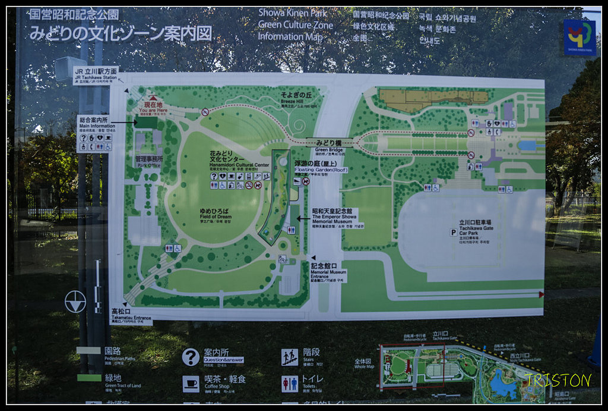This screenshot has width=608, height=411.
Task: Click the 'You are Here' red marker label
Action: pyautogui.click(x=153, y=106)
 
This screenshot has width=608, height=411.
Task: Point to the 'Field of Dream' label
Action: pyautogui.click(x=216, y=214)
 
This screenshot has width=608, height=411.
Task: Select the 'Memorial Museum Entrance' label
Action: pyautogui.click(x=328, y=274)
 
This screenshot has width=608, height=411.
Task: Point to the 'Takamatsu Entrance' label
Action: pyautogui.click(x=131, y=315)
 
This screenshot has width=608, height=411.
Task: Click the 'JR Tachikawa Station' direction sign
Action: pyautogui.click(x=96, y=75)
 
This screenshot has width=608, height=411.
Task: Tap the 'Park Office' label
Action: pyautogui.click(x=148, y=161)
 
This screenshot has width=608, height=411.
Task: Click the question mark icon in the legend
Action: pyautogui.click(x=191, y=357)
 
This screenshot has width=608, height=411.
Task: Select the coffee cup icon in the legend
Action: pyautogui.click(x=191, y=384)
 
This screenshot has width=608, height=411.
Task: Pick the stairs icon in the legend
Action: pyautogui.click(x=290, y=357)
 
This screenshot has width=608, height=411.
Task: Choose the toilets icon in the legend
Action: pyautogui.click(x=290, y=384)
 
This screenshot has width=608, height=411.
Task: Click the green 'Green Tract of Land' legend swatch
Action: pyautogui.click(x=89, y=378)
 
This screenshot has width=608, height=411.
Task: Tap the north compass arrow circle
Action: pyautogui.click(x=75, y=302)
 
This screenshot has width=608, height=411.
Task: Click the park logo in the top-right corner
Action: pyautogui.click(x=579, y=37)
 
